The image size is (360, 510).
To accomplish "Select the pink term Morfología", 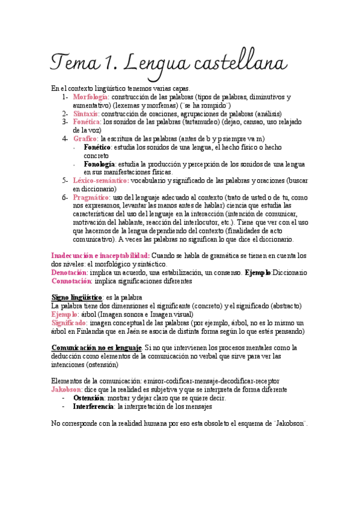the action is [90, 97].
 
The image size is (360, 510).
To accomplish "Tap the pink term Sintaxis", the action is [86, 113].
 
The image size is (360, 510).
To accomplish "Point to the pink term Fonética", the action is [87, 121].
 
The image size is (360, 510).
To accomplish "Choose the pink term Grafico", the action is [85, 138].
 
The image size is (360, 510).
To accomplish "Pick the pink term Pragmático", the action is [91, 197].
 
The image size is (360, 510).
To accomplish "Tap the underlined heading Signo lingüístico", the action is [77, 297].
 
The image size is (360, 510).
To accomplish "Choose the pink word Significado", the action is [70, 322].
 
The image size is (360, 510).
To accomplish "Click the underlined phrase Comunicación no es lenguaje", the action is [97, 348].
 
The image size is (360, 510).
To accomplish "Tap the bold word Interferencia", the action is [93, 407].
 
